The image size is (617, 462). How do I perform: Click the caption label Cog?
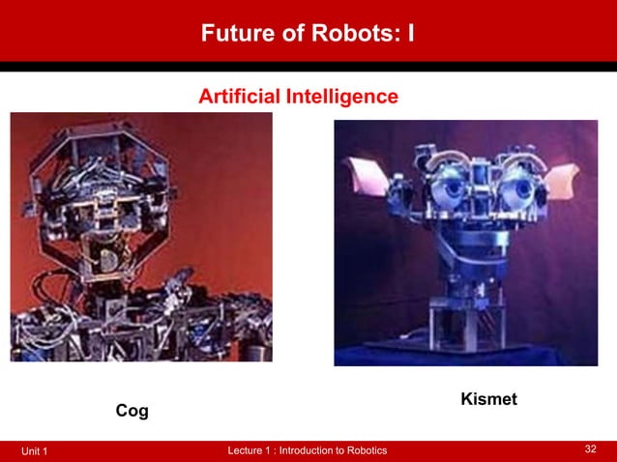pyautogui.click(x=132, y=412)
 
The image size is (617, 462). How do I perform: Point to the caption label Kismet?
pyautogui.click(x=488, y=398)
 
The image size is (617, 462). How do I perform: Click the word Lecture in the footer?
pyautogui.click(x=245, y=451)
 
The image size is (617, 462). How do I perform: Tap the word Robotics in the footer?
pyautogui.click(x=362, y=451)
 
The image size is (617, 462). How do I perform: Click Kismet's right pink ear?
pyautogui.click(x=560, y=180)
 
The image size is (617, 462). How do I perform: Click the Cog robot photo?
pyautogui.click(x=140, y=237)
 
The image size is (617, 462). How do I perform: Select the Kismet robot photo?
pyautogui.click(x=465, y=242)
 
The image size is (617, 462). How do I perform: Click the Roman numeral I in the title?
pyautogui.click(x=411, y=35)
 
